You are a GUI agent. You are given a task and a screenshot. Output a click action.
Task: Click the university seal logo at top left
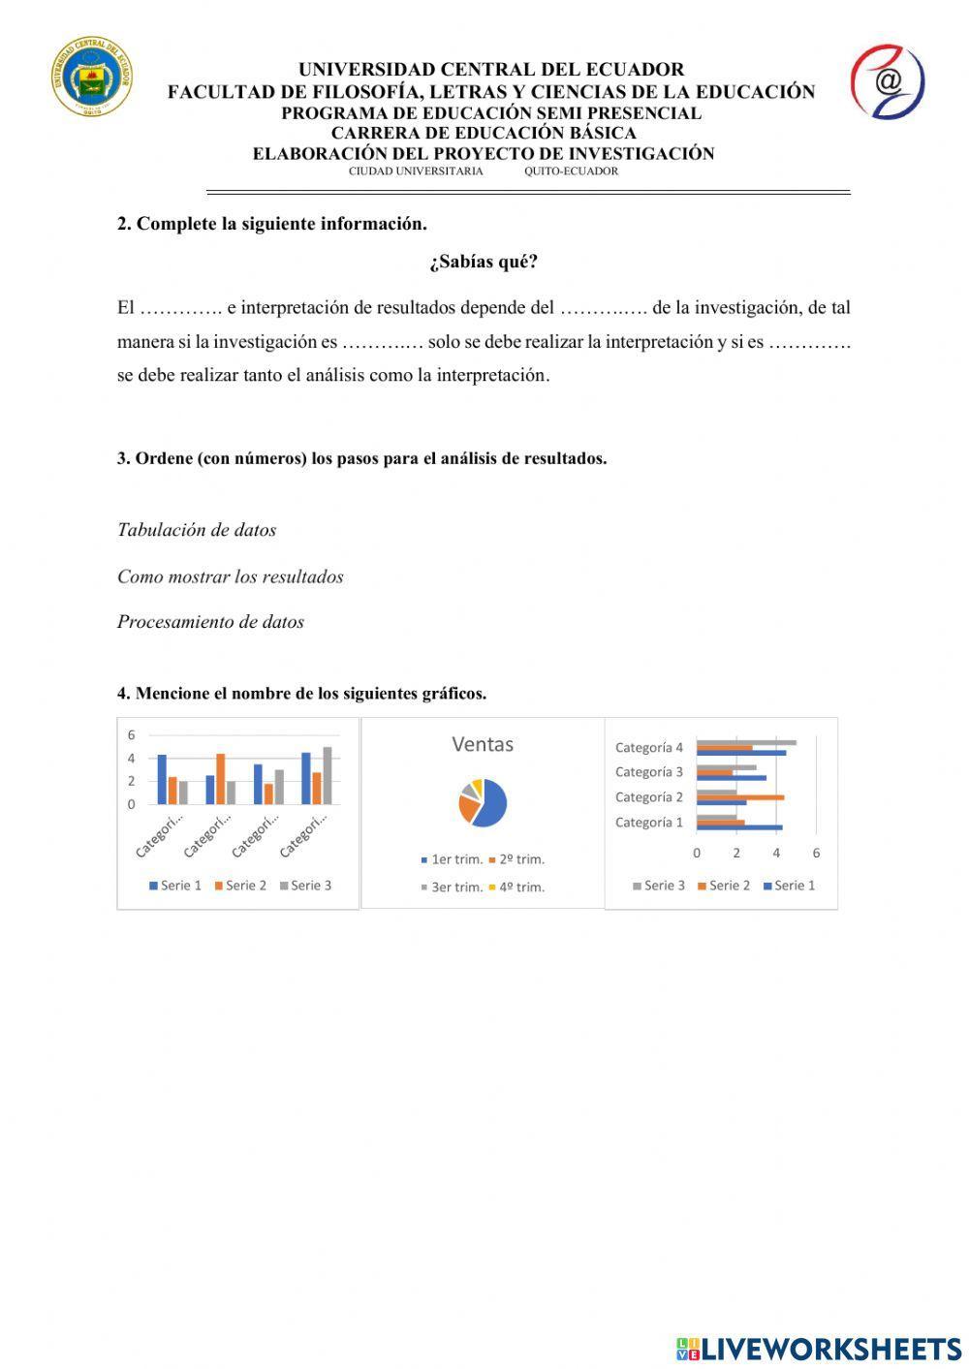click(92, 77)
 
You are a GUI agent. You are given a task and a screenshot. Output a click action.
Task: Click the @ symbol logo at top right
click(887, 81)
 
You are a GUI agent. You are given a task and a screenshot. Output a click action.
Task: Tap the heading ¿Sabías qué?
click(483, 263)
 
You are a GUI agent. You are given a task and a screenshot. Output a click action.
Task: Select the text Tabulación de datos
click(197, 530)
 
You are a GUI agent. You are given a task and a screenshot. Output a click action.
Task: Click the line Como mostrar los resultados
click(231, 576)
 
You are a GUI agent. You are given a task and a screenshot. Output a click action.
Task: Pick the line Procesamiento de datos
click(210, 622)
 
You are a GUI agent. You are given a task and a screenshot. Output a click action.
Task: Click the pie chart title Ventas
click(483, 744)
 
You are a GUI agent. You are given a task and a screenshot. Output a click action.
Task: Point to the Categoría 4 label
click(648, 747)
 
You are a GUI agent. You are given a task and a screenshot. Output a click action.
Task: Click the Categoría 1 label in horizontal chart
click(648, 823)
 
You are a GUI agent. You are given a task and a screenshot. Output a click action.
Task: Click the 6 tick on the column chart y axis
click(131, 734)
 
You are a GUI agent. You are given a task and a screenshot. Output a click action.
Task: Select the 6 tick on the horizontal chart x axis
click(816, 854)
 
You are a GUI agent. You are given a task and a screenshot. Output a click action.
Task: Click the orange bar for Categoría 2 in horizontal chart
click(740, 797)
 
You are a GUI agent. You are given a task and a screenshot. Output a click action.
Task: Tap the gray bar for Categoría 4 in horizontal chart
click(746, 743)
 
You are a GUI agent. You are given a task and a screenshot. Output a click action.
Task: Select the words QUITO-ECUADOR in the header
click(571, 171)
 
